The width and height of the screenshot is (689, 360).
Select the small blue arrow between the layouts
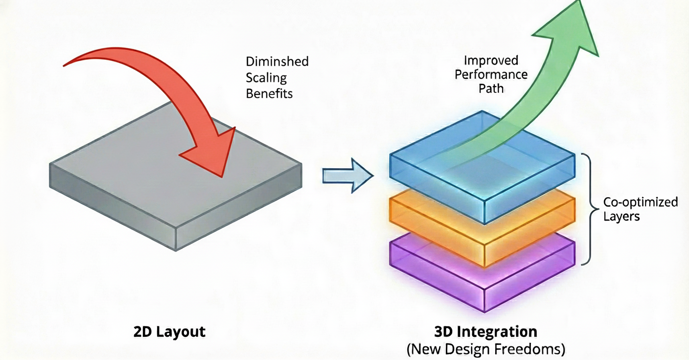(348, 175)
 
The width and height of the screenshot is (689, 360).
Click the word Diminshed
(277, 62)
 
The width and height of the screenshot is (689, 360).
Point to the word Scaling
(266, 77)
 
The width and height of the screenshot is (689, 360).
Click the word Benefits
(269, 93)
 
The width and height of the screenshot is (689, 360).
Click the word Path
(492, 89)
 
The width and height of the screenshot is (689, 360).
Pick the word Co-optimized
(640, 202)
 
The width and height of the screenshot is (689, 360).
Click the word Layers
(621, 216)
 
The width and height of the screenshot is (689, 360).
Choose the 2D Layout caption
(169, 332)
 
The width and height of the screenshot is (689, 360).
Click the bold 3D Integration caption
(485, 332)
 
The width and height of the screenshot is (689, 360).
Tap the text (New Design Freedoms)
(485, 349)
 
